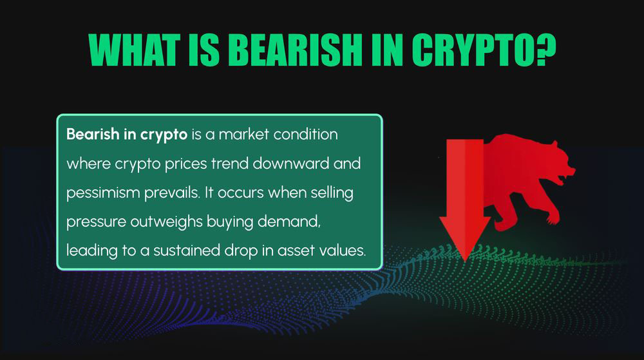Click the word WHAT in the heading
tap(135, 50)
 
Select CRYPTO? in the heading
tap(484, 50)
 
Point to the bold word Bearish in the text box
tap(93, 134)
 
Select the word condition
tap(305, 134)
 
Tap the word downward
tap(291, 164)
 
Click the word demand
tap(289, 222)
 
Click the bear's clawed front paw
tap(552, 218)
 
